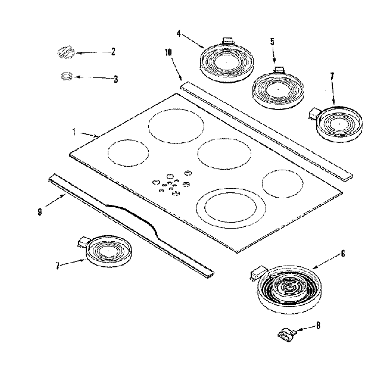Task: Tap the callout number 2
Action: tap(113, 52)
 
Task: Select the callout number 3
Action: tap(115, 78)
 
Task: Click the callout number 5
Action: tap(272, 42)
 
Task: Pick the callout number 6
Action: tap(342, 254)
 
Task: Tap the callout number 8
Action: tap(319, 325)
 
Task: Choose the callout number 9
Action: tap(39, 211)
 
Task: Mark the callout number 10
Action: tap(168, 52)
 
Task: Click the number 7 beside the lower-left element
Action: tap(58, 267)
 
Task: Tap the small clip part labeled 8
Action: tap(288, 334)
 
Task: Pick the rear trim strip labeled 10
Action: tap(265, 129)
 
